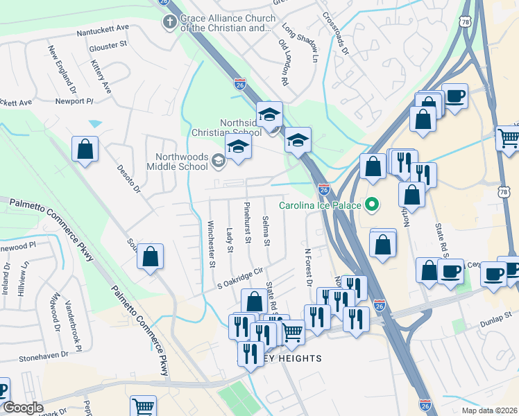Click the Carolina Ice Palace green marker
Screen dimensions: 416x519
[373, 205]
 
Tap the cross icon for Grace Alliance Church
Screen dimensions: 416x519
[169, 23]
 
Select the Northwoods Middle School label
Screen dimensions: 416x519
[177, 162]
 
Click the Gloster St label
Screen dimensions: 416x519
[108, 46]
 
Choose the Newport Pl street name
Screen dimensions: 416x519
[74, 101]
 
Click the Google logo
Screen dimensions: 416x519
[23, 408]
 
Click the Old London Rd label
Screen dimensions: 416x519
[283, 62]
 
